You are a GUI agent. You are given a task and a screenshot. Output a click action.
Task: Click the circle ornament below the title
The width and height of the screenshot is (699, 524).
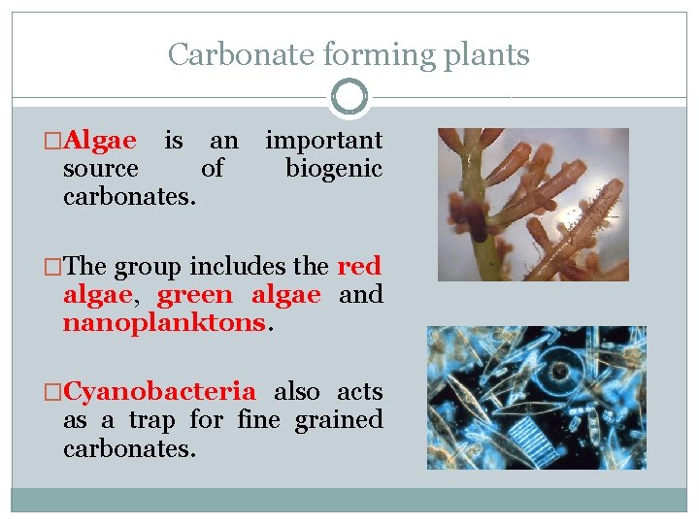pyautogui.click(x=349, y=97)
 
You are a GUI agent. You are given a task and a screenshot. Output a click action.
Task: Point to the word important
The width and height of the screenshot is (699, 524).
pyautogui.click(x=323, y=141)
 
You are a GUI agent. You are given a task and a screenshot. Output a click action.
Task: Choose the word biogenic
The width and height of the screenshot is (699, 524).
pyautogui.click(x=333, y=169)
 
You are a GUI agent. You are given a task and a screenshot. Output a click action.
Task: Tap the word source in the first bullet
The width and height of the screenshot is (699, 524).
pyautogui.click(x=100, y=169)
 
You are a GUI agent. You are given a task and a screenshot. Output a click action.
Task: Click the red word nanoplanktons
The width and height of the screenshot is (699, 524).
pyautogui.click(x=163, y=322)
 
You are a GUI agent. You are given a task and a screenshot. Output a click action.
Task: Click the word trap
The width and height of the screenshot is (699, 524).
pyautogui.click(x=152, y=420)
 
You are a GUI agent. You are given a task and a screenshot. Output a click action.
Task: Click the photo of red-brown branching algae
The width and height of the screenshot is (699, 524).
pyautogui.click(x=533, y=205)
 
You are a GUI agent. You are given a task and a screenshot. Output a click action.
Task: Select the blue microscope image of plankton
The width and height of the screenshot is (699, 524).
pyautogui.click(x=536, y=398)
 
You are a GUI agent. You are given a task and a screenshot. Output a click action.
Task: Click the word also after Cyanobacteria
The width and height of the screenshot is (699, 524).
pyautogui.click(x=297, y=392)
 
